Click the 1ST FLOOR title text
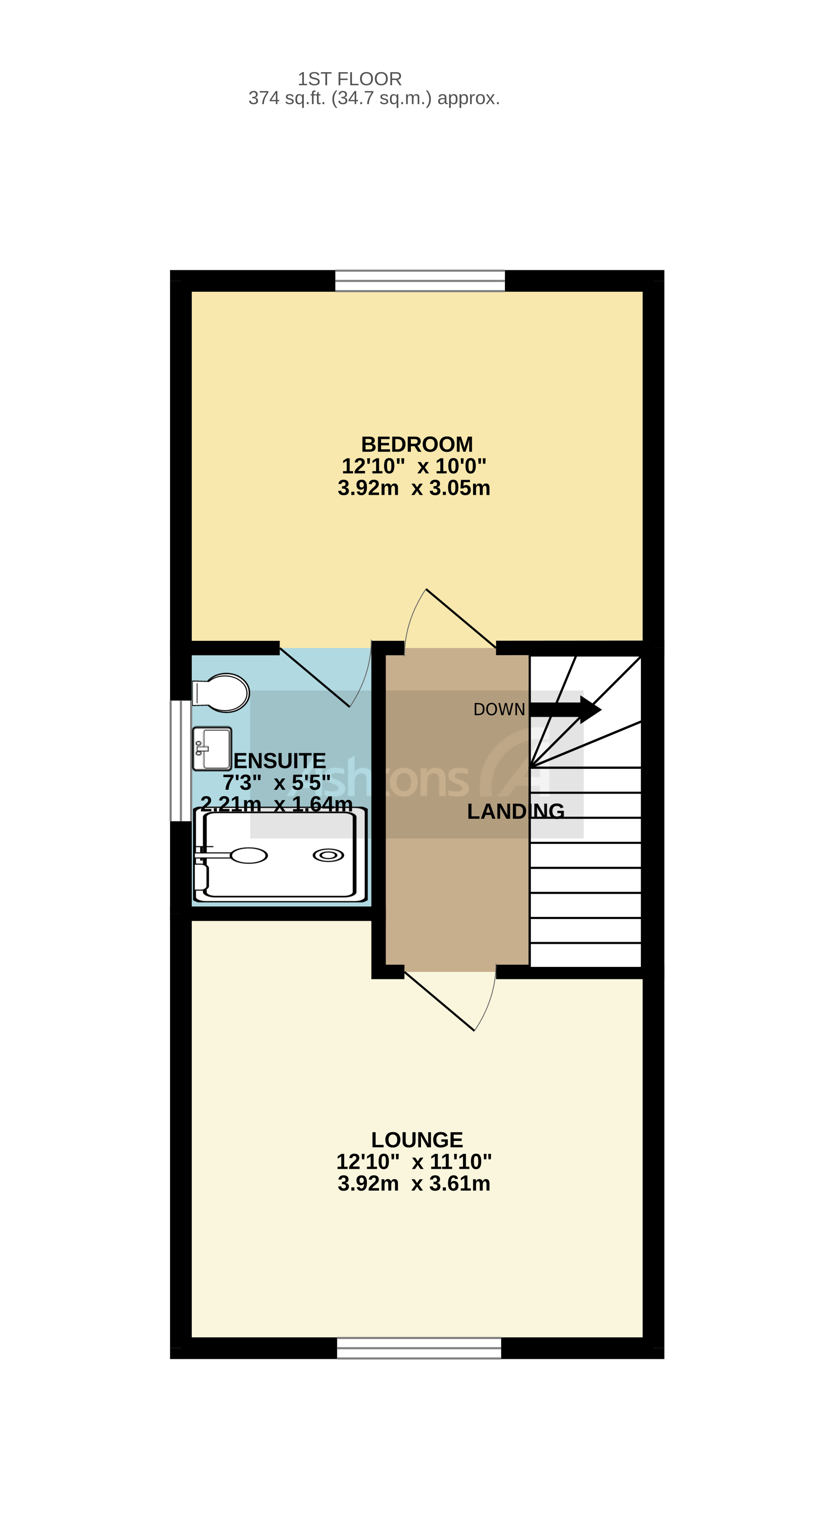350,79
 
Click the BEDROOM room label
417,444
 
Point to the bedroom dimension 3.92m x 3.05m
414,488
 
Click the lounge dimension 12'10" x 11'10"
414,1162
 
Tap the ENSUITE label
279,761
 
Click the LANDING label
515,811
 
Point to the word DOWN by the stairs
499,709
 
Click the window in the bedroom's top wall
420,281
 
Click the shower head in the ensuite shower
248,855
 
